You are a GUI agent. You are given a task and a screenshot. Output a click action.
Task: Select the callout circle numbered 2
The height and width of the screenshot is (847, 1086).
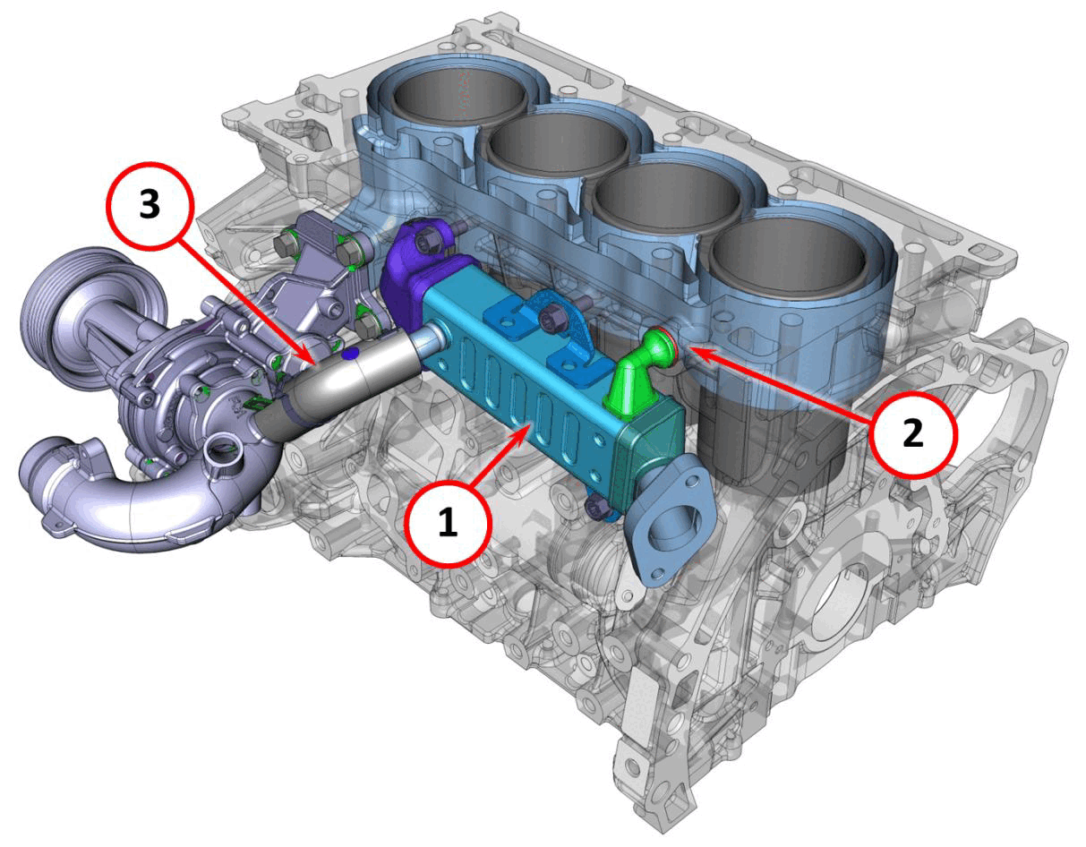click(912, 433)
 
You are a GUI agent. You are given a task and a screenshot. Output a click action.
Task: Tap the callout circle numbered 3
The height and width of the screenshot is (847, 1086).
click(150, 205)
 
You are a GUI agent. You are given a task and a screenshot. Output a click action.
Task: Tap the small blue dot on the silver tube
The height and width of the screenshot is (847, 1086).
click(351, 354)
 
